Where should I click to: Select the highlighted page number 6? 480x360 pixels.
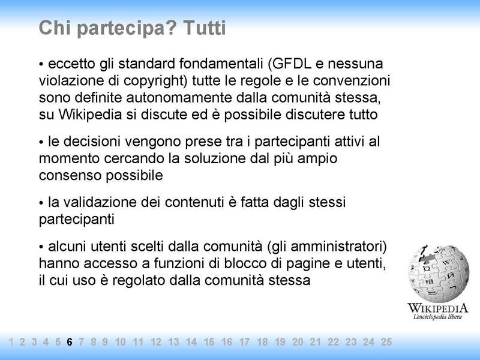point(70,342)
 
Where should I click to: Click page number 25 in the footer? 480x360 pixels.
point(386,342)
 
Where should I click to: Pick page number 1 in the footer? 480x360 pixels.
point(11,342)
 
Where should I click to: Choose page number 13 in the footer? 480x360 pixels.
point(173,342)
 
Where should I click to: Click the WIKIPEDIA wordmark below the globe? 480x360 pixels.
point(437,307)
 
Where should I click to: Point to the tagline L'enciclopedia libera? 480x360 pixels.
point(438,316)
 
